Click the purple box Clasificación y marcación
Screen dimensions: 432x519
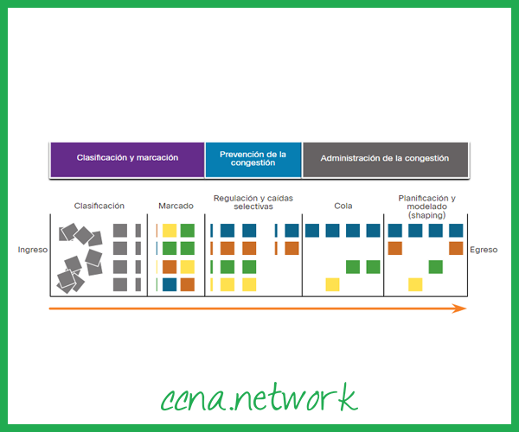[126, 159]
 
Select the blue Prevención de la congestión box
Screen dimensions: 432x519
[253, 159]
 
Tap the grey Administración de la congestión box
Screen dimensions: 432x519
[387, 159]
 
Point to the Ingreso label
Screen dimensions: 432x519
[32, 250]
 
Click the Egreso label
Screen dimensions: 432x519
[484, 250]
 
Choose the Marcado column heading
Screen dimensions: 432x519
[176, 206]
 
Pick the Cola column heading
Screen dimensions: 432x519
[343, 206]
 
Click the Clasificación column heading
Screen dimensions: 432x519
[99, 206]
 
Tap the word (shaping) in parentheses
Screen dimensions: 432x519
[426, 215]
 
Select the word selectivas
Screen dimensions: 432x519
[253, 207]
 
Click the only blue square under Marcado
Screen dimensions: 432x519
[170, 284]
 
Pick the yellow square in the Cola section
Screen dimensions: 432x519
[332, 284]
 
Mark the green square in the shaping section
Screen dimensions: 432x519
[436, 266]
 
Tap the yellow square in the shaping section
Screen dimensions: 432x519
[415, 284]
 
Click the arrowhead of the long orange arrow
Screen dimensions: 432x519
[462, 308]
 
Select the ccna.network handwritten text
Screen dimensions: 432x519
[259, 398]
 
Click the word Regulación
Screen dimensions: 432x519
[233, 198]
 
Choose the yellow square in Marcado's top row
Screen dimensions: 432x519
[170, 231]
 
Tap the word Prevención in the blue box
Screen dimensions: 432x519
[240, 154]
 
